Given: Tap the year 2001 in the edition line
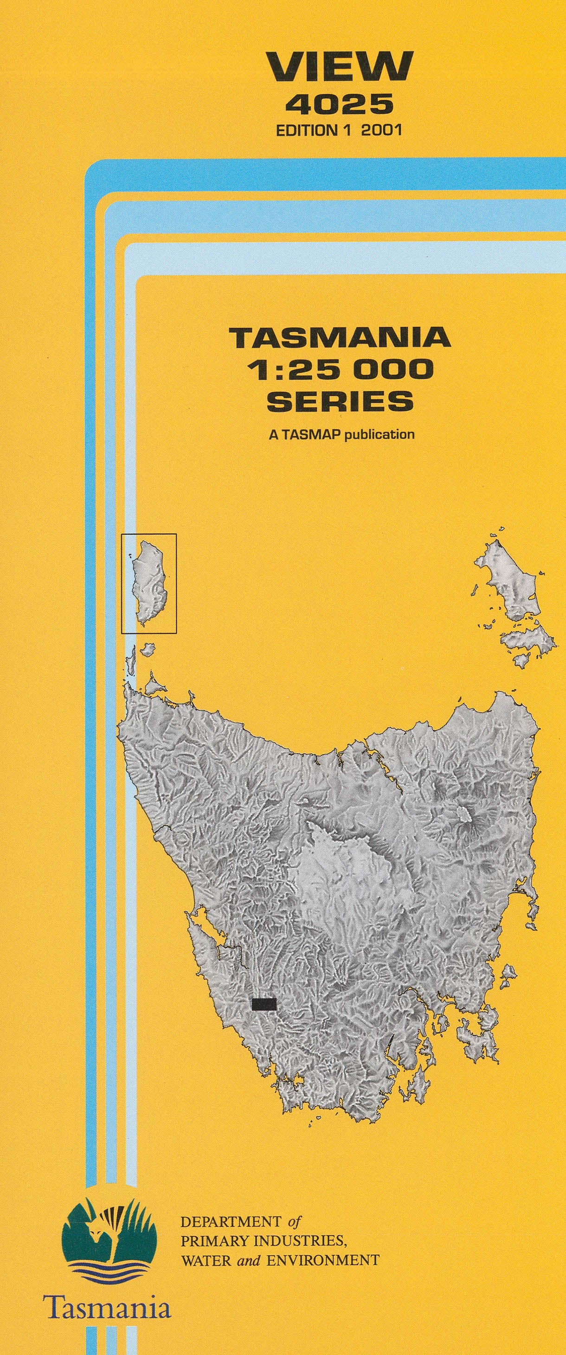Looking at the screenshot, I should pos(381,130).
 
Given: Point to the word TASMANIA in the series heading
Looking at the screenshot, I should pos(340,337).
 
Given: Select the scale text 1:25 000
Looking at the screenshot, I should pos(342,370).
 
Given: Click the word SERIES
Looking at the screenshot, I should pos(340,401).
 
